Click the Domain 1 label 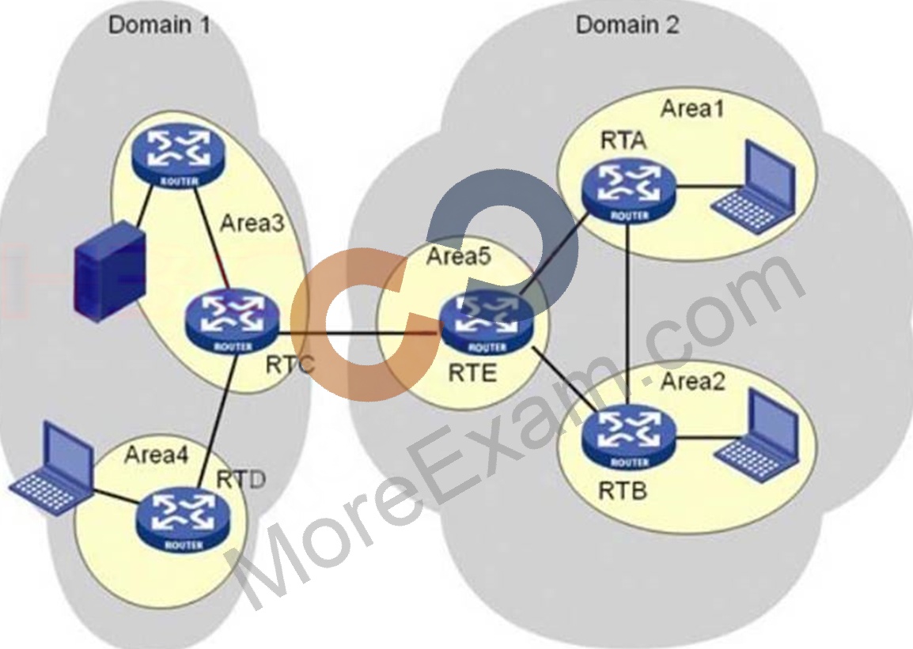[x=159, y=25]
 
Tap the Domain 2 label [x=627, y=25]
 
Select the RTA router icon [x=629, y=193]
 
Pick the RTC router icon [x=233, y=323]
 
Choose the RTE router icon [x=487, y=323]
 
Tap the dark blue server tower [x=109, y=270]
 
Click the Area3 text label [x=252, y=223]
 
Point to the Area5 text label [x=459, y=256]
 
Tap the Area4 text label [x=156, y=455]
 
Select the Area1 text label [x=691, y=108]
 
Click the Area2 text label [x=693, y=382]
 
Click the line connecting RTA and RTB [x=627, y=316]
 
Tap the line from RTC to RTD [x=217, y=422]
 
